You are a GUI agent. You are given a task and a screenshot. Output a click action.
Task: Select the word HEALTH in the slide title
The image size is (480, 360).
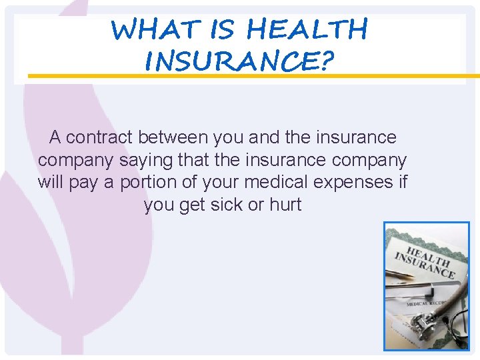306,30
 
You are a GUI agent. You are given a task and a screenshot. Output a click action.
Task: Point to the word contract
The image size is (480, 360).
100,138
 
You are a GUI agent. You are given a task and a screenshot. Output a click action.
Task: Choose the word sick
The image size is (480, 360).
227,205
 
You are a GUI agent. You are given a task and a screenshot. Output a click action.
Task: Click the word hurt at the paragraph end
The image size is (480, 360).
285,205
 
